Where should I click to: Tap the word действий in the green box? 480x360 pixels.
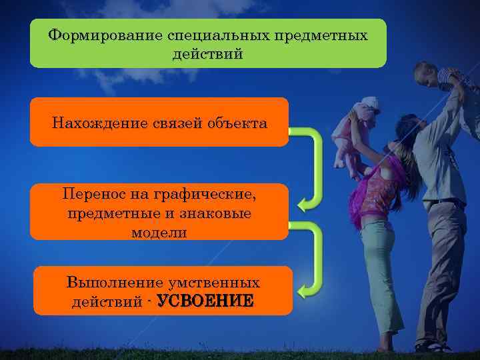(x=207, y=53)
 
